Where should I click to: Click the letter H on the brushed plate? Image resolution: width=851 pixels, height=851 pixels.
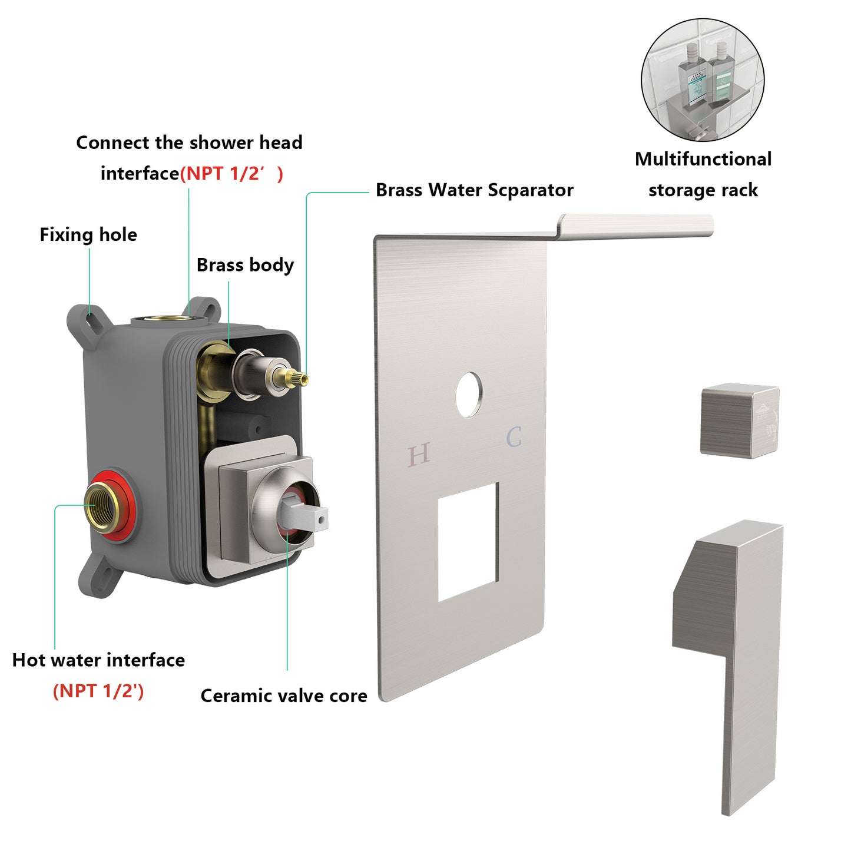point(419,454)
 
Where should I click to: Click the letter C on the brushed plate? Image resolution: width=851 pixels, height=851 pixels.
point(514,438)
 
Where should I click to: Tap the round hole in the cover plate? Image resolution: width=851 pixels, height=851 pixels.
point(469,395)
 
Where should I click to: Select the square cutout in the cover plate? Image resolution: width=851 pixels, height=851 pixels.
point(468,542)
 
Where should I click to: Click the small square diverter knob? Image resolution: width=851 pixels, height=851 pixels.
point(740,420)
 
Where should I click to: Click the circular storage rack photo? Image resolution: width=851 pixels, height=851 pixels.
point(703,80)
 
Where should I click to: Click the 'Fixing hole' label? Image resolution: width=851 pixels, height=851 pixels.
point(88,234)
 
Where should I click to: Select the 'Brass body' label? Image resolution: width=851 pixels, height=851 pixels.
point(245,265)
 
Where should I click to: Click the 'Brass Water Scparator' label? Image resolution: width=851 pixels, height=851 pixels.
point(474,190)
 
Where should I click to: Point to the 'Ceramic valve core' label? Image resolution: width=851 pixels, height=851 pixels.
point(284,696)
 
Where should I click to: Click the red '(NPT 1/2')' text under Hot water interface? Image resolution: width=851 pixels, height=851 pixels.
point(98,691)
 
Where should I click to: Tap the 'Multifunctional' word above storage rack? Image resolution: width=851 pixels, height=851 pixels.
point(703,159)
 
